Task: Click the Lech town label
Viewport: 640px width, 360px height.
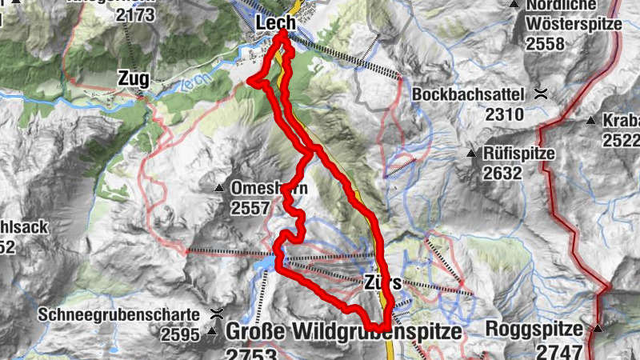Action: (276, 24)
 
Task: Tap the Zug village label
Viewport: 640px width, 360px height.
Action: (134, 79)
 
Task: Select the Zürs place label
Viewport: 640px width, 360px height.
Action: (382, 282)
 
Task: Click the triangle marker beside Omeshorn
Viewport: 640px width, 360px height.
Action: (219, 189)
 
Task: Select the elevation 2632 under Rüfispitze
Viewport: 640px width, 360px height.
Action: (502, 173)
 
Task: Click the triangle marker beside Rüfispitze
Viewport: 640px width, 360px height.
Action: (471, 152)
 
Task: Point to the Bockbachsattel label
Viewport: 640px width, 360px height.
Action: (468, 94)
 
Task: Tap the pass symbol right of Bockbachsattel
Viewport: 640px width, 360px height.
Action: (542, 93)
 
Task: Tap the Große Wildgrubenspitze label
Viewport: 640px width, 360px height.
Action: (344, 331)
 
